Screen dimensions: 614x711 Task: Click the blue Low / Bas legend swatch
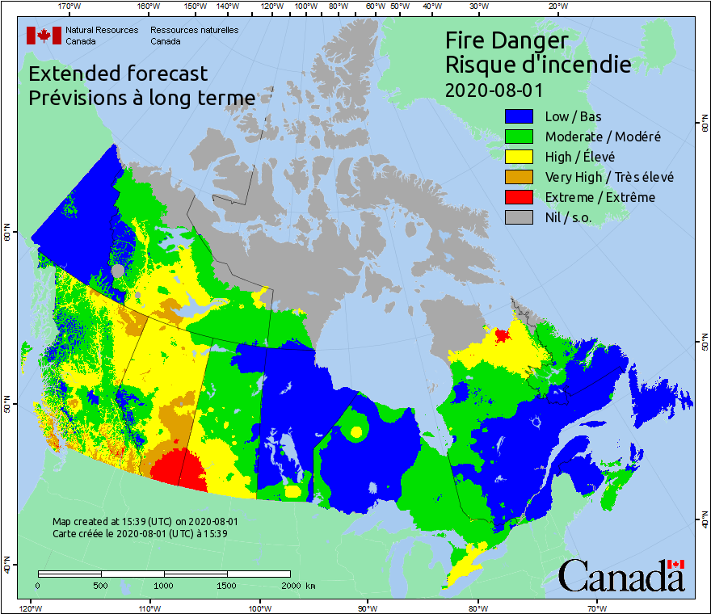tap(520, 116)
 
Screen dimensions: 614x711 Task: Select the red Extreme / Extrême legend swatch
tap(520, 197)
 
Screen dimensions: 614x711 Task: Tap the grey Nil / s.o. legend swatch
tap(520, 217)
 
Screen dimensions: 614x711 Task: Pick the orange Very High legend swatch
tap(520, 177)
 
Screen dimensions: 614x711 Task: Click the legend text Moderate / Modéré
tap(603, 137)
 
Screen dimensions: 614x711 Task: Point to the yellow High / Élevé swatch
tap(520, 157)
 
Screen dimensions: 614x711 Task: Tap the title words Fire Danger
tap(507, 40)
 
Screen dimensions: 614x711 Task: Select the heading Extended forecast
tap(118, 74)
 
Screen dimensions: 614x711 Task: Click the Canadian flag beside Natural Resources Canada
tap(44, 36)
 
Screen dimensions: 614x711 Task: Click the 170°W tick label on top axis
tap(69, 6)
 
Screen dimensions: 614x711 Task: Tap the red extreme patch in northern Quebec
tap(502, 334)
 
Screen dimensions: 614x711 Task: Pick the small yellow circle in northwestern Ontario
tap(356, 431)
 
